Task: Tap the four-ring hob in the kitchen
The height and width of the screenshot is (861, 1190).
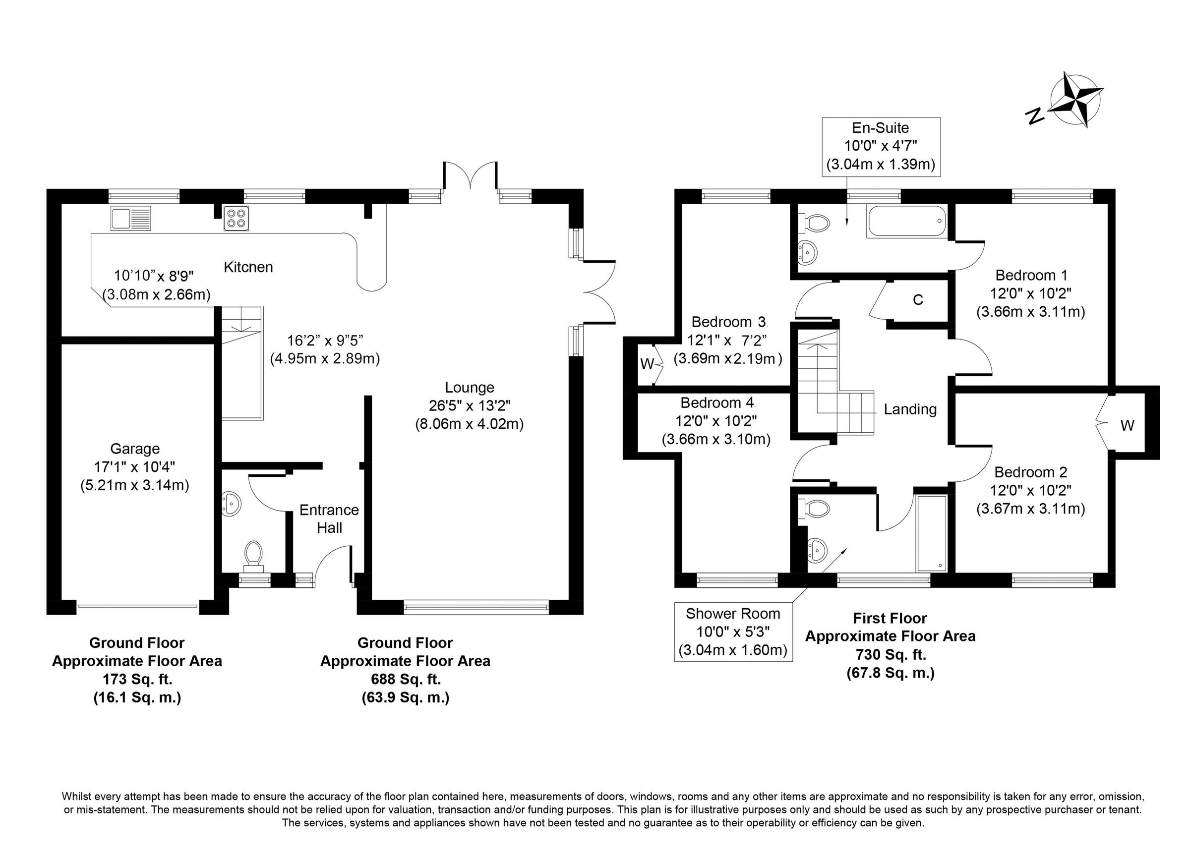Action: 236,218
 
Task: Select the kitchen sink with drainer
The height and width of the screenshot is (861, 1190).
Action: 130,218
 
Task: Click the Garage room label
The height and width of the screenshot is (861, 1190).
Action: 135,449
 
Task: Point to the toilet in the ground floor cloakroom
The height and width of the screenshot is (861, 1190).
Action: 254,555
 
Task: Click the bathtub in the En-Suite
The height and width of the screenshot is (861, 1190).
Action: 907,222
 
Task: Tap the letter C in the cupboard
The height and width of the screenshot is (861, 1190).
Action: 918,299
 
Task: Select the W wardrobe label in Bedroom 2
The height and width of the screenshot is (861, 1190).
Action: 1127,425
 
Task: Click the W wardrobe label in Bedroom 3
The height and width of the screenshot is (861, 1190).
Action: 647,364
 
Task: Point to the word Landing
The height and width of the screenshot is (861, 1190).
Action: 910,409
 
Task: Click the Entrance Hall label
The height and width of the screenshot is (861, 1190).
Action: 329,518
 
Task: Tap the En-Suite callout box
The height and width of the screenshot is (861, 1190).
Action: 881,146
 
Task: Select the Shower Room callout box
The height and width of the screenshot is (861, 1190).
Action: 732,631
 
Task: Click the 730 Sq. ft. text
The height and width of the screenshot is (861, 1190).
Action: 891,654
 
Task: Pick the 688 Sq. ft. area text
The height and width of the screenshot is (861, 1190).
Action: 405,679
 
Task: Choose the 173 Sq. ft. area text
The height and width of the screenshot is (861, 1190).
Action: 137,679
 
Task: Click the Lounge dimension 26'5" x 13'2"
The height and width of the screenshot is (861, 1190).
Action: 470,405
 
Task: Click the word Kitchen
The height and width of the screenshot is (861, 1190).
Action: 248,267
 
